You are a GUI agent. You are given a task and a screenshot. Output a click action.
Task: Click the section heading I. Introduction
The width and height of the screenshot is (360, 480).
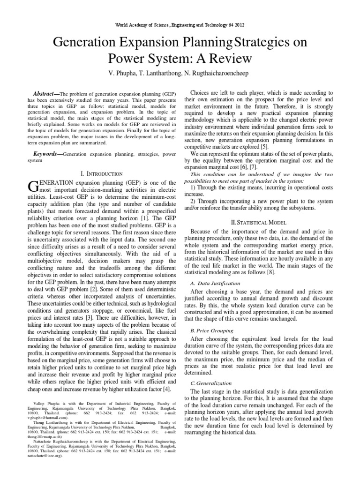pos(95,160)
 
